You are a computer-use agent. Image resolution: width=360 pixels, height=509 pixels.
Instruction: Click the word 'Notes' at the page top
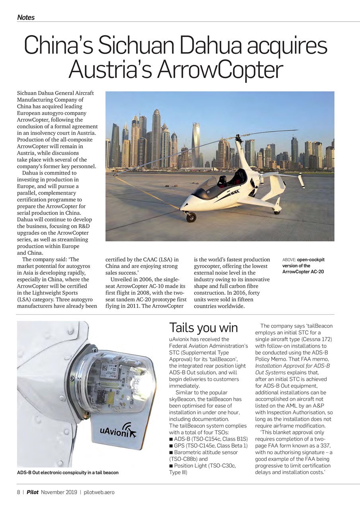tap(26, 17)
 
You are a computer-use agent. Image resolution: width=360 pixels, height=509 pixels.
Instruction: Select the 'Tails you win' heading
tap(203, 328)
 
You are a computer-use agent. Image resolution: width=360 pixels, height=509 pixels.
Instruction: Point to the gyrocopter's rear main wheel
tap(276, 211)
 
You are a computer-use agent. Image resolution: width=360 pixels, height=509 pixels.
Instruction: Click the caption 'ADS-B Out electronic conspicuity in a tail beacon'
tap(68, 473)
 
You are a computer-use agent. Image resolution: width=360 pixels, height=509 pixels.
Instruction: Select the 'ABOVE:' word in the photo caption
tap(289, 260)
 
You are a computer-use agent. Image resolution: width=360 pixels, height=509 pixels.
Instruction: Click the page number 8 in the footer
tap(19, 492)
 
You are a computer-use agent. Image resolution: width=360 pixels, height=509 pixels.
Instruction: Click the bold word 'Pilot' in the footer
tap(33, 492)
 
